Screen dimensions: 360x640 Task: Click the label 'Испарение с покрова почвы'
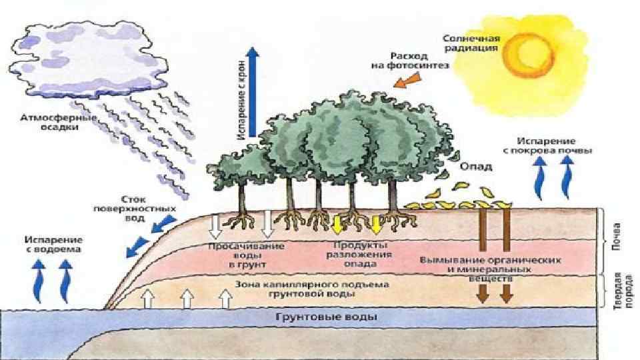[547, 146]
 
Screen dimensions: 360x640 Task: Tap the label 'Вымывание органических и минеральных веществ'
[489, 267]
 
